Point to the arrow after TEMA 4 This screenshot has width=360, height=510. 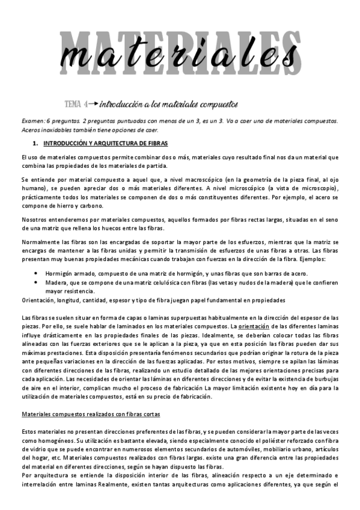tap(93, 103)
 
